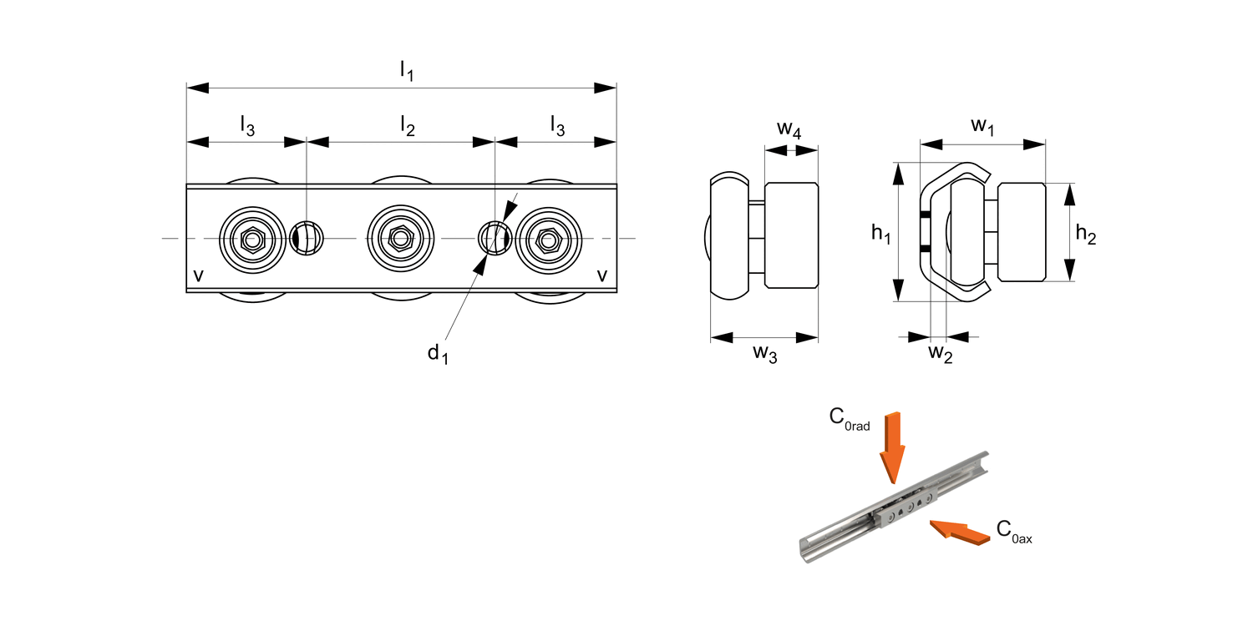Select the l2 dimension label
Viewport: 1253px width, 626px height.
[x=407, y=126]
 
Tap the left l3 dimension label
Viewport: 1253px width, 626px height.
[x=247, y=126]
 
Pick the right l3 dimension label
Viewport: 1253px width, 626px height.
[x=557, y=126]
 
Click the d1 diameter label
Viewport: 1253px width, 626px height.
[x=438, y=354]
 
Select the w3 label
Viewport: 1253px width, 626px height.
[x=764, y=353]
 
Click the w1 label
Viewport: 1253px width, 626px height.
[x=982, y=126]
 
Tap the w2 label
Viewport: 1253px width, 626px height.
[x=941, y=353]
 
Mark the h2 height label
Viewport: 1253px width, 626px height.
[x=1085, y=235]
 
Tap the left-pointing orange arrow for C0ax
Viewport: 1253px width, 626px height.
[x=957, y=531]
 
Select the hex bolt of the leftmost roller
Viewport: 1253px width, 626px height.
[x=251, y=240]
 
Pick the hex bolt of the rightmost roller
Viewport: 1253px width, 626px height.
[x=548, y=240]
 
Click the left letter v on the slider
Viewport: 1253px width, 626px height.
[x=198, y=275]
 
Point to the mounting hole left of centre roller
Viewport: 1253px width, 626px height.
[x=306, y=240]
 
